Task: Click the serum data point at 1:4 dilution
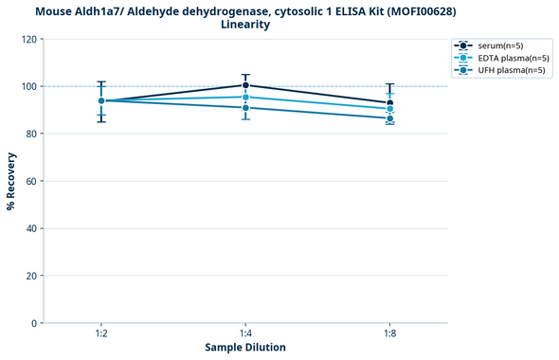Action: coord(245,85)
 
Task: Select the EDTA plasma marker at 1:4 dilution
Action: coord(245,97)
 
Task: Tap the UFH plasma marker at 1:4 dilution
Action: coord(245,107)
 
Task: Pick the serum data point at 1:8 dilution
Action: coord(390,102)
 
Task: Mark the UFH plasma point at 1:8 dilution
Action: coord(390,118)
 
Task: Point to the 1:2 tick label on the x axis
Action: coord(100,333)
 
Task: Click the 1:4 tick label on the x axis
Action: coord(245,333)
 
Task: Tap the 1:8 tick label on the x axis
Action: coord(390,333)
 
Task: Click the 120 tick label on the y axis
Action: coord(29,39)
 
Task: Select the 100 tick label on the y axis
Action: coord(29,86)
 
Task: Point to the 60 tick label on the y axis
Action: coord(32,181)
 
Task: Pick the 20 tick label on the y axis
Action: coord(32,276)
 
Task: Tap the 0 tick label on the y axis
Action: coord(35,323)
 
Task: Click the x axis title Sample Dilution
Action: coord(245,348)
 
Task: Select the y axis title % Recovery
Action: coord(11,181)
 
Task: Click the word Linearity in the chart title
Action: coord(245,25)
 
